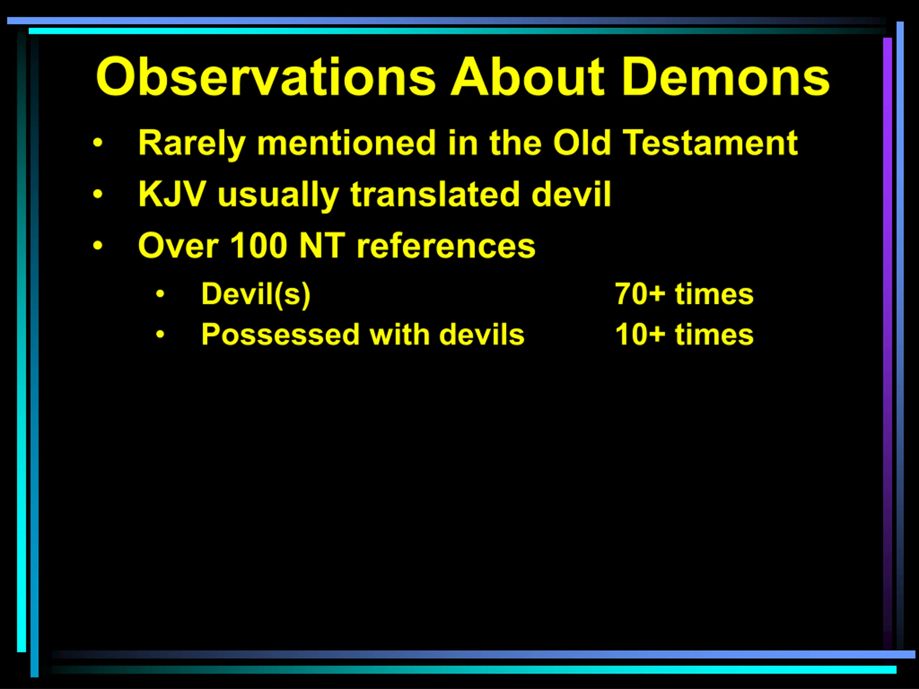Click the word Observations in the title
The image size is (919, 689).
266,77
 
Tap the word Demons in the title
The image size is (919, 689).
726,77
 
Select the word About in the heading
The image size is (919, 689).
528,77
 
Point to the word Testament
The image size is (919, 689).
711,143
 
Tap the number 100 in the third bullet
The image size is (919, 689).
258,245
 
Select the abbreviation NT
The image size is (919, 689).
322,245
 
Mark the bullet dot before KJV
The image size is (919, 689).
98,194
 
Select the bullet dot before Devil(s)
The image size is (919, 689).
160,294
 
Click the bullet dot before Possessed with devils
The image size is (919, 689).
160,334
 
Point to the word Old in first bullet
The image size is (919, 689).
582,143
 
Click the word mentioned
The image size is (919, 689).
346,143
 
